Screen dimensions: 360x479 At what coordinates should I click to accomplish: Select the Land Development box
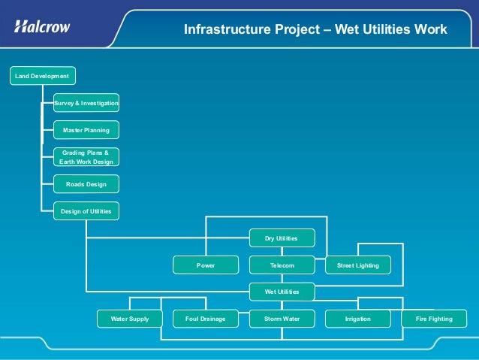(42, 76)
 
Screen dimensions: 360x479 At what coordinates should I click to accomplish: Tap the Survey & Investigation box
(86, 103)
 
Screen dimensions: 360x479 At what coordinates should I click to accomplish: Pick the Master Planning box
(86, 130)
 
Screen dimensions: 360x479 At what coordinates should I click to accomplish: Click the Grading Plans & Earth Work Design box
(86, 157)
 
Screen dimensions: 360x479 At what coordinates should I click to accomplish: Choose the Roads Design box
(86, 184)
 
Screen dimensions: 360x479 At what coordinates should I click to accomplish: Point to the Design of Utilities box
(86, 211)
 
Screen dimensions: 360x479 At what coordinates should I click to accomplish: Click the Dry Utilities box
(282, 238)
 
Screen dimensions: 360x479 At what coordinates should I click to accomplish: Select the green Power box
(206, 265)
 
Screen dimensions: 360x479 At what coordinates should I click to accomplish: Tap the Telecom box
(282, 265)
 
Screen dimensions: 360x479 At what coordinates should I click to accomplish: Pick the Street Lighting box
(357, 265)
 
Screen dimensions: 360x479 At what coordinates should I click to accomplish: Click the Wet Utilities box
(282, 292)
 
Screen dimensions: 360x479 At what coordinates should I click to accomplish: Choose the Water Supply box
(130, 319)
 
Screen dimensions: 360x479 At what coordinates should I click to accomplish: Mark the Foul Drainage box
(206, 319)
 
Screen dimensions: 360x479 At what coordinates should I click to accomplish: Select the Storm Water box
(282, 319)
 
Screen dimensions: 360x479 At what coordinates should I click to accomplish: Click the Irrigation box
(357, 319)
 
